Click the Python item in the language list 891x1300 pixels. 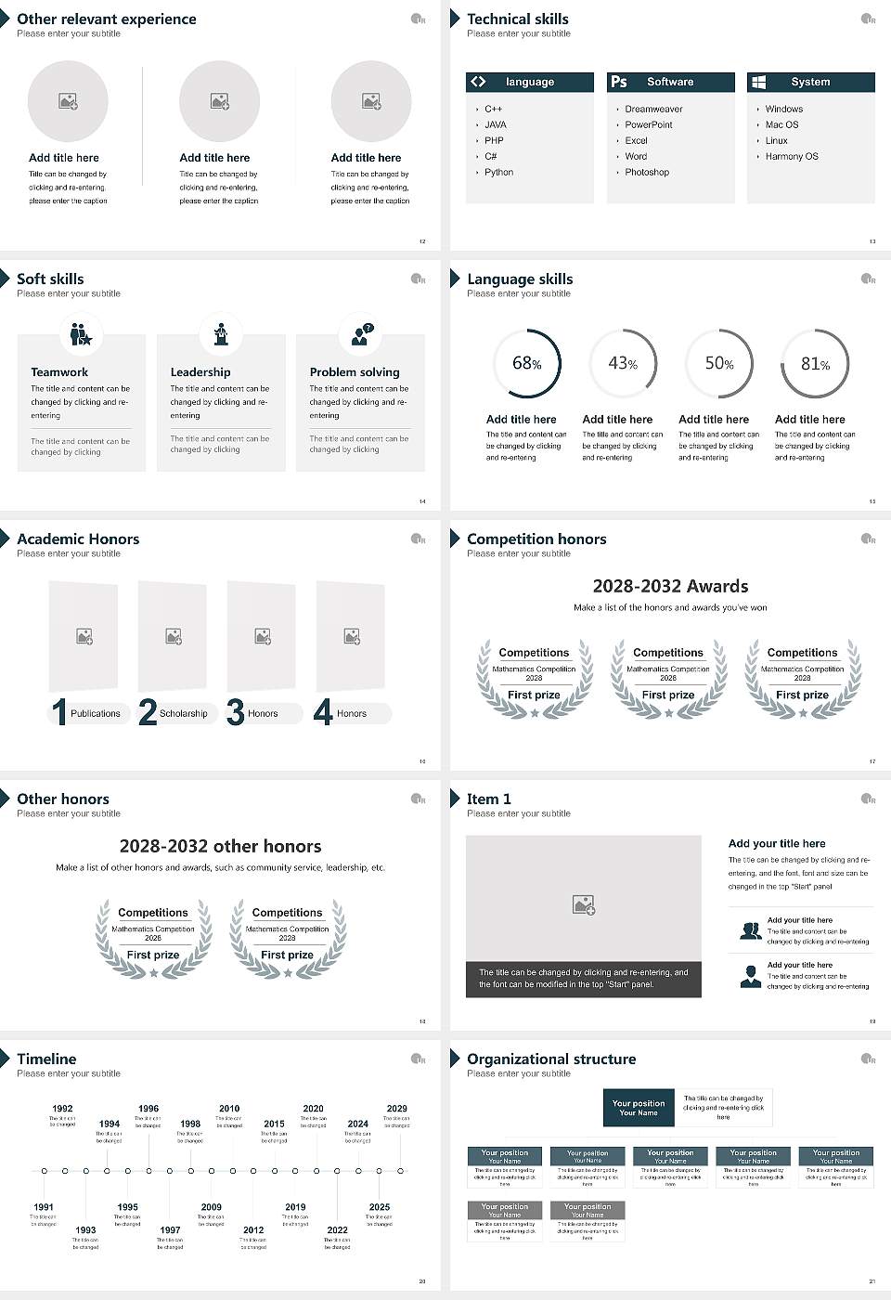tap(498, 173)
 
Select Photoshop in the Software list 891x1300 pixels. tap(646, 173)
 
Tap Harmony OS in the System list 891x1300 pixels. tap(792, 157)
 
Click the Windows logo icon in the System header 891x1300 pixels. tap(758, 82)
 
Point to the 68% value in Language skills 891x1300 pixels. tap(526, 364)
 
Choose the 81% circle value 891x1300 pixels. tap(815, 364)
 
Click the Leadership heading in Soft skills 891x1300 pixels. tap(200, 372)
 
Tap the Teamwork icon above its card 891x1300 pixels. tap(82, 334)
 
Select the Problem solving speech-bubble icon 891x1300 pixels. tap(361, 334)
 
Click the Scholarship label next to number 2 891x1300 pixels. tap(183, 714)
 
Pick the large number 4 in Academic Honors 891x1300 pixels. tap(323, 712)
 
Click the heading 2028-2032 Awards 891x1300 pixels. tap(670, 586)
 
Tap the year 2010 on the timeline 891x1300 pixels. tap(229, 1109)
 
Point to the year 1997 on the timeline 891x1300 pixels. tap(170, 1230)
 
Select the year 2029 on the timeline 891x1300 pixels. tap(396, 1109)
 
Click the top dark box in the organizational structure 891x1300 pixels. tap(639, 1108)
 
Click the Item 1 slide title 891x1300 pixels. tap(488, 799)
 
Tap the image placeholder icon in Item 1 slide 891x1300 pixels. tap(584, 904)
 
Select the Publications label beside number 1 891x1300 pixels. tap(96, 714)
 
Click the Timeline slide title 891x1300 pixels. tap(46, 1059)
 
